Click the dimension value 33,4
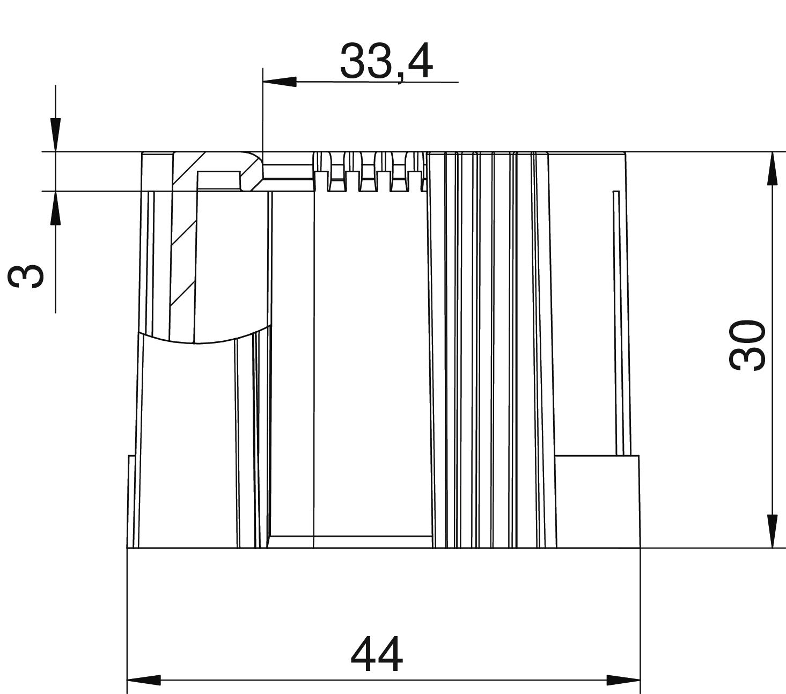point(386,62)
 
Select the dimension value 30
point(747,345)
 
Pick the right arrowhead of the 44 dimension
point(623,680)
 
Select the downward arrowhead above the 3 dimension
point(55,135)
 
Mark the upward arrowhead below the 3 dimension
point(55,208)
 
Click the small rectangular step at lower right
point(597,501)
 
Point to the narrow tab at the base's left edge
point(130,501)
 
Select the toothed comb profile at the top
point(369,172)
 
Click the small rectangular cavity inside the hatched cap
point(218,180)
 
